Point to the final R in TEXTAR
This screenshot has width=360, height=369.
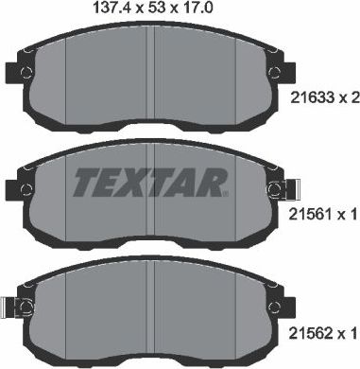[x=215, y=183]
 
